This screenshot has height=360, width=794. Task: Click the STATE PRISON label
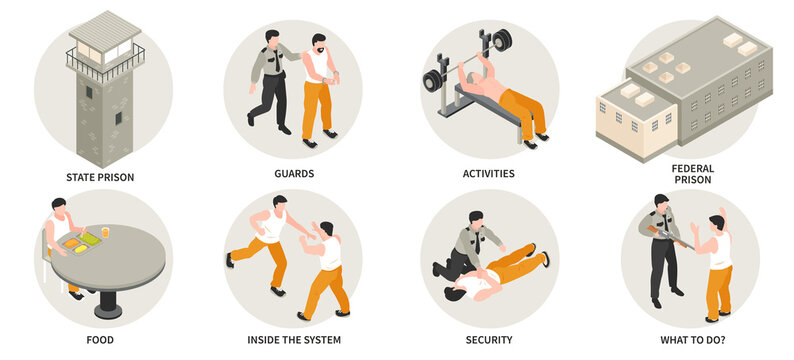100,177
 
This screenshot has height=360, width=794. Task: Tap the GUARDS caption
294,173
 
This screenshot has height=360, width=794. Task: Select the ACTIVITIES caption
489,173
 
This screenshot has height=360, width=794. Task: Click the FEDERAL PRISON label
692,174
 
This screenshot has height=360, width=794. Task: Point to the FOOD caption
100,340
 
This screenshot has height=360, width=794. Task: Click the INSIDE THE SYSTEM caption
294,340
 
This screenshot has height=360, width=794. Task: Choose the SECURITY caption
489,340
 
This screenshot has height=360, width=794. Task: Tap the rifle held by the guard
669,236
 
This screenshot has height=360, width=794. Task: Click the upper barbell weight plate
501,40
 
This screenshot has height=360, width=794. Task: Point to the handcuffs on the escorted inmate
333,78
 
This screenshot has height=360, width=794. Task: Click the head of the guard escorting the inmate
272,39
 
